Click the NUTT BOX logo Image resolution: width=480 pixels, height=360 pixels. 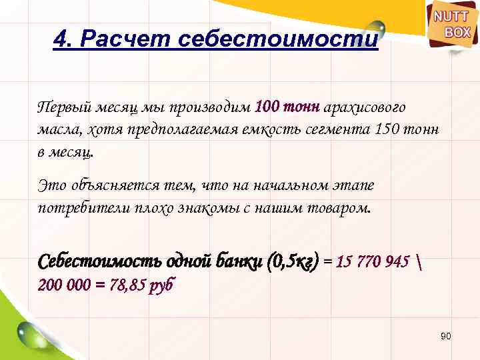pos(452,25)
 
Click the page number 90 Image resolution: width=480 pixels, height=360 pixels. pos(446,337)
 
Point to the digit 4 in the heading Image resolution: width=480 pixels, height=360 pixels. pos(59,41)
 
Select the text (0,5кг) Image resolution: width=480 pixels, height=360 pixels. pos(292,260)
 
